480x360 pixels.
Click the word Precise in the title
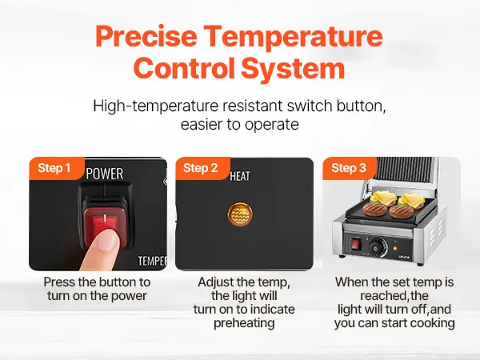click(x=146, y=37)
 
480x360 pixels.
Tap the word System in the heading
click(x=294, y=68)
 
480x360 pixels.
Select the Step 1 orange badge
click(x=57, y=168)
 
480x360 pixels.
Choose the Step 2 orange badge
click(x=202, y=168)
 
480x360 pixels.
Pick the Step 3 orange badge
click(x=350, y=168)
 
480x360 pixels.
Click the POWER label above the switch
click(x=105, y=174)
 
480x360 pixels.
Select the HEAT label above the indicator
click(x=240, y=176)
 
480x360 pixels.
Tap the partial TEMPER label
click(x=152, y=261)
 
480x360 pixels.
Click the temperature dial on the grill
click(x=377, y=246)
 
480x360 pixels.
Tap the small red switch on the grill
click(x=356, y=244)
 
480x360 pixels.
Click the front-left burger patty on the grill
click(x=375, y=209)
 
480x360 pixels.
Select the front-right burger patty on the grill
click(x=402, y=211)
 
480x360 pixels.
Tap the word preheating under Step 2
click(x=244, y=323)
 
